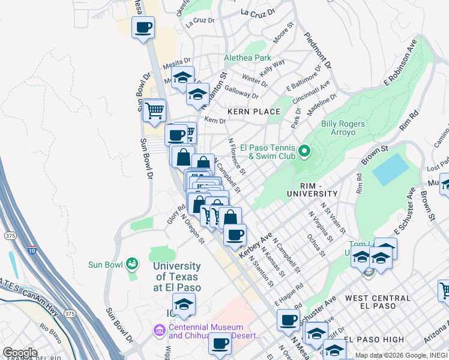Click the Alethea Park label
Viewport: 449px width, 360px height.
tap(247, 58)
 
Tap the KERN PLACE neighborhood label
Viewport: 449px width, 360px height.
tap(254, 112)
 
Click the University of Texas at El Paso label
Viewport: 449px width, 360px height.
tap(177, 277)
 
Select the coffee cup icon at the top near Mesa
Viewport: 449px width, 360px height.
tap(143, 28)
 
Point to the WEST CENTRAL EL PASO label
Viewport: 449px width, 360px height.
tap(370, 302)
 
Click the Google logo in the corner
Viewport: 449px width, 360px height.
tap(19, 353)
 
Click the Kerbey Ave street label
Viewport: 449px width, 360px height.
tap(256, 245)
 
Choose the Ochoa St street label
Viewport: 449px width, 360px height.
tap(316, 245)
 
